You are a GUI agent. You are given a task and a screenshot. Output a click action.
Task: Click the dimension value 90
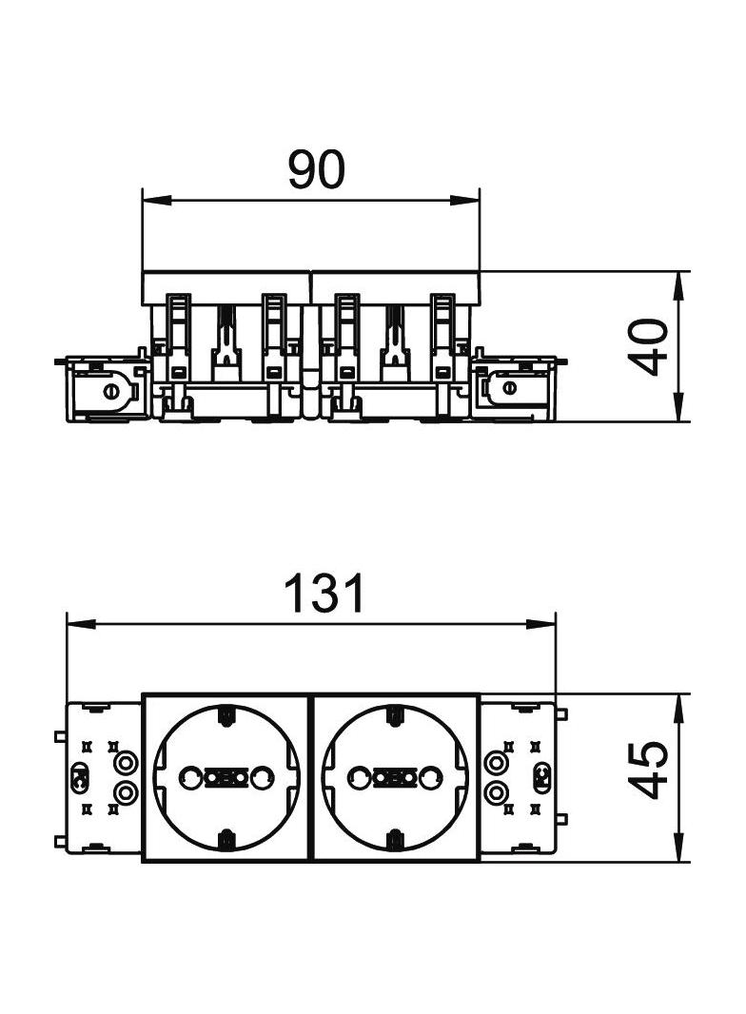[317, 170]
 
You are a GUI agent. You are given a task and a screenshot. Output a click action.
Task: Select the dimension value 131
[324, 593]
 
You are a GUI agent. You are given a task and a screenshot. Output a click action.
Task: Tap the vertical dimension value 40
[648, 346]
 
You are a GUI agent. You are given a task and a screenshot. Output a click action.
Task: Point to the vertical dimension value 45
[648, 770]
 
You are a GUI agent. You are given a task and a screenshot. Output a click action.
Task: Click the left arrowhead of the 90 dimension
[156, 200]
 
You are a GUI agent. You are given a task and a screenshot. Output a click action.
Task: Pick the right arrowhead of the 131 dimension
[541, 624]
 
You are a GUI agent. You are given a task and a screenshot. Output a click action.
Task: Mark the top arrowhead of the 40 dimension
[678, 286]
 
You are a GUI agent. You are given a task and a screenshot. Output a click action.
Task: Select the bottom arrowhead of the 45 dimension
[678, 848]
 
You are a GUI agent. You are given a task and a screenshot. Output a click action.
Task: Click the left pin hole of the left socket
[190, 777]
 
